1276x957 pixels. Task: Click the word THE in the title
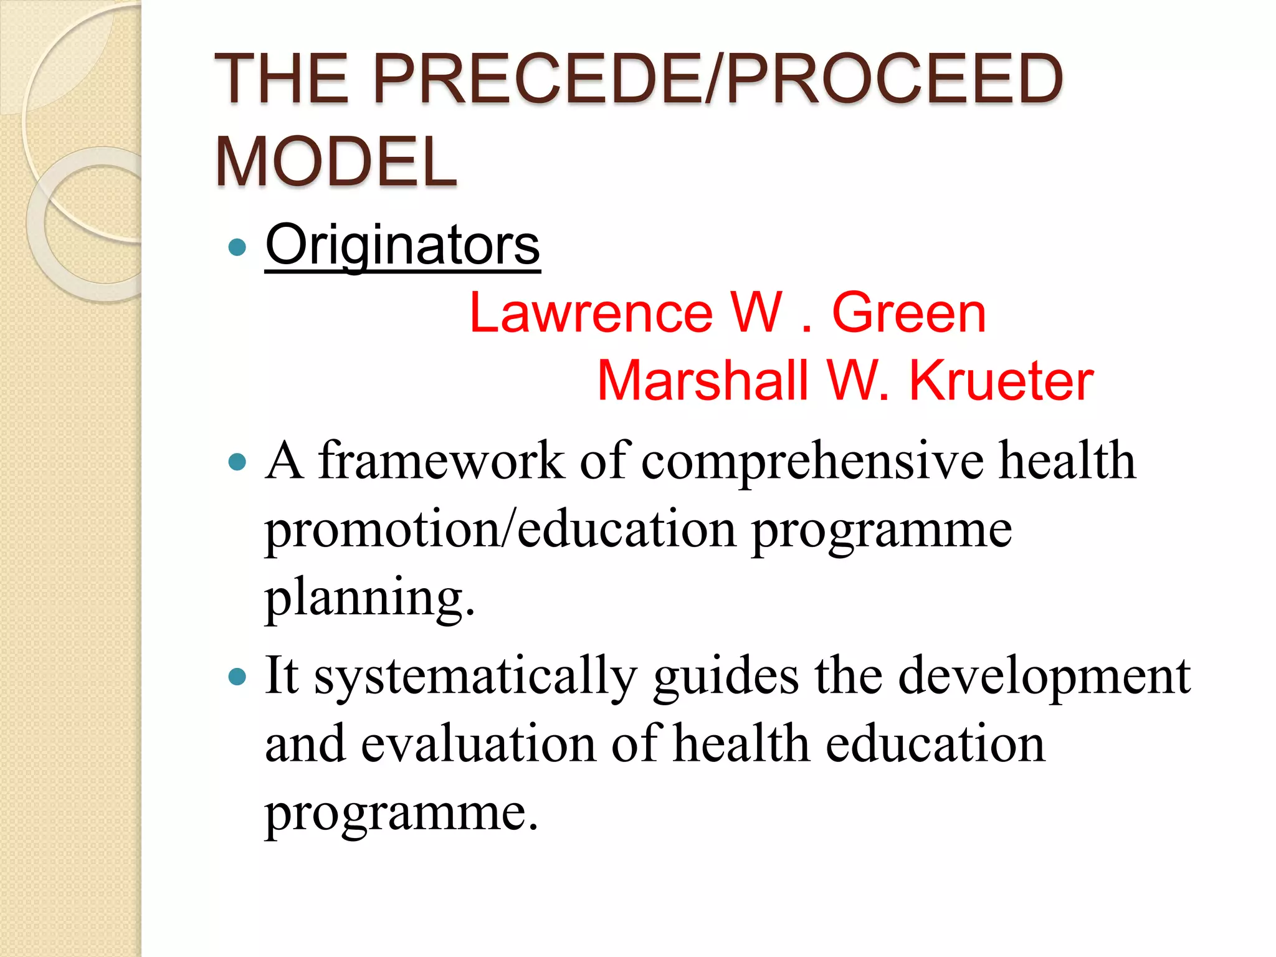(x=281, y=79)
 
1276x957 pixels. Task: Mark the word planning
(x=369, y=598)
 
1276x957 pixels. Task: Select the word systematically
(x=475, y=677)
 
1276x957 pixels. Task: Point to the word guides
(x=726, y=677)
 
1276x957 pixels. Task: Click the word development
(x=1044, y=677)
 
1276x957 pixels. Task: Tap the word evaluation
(x=478, y=744)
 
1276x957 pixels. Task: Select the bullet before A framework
(x=237, y=462)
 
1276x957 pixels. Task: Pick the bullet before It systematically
(x=237, y=677)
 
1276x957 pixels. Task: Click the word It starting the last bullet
(x=282, y=675)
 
